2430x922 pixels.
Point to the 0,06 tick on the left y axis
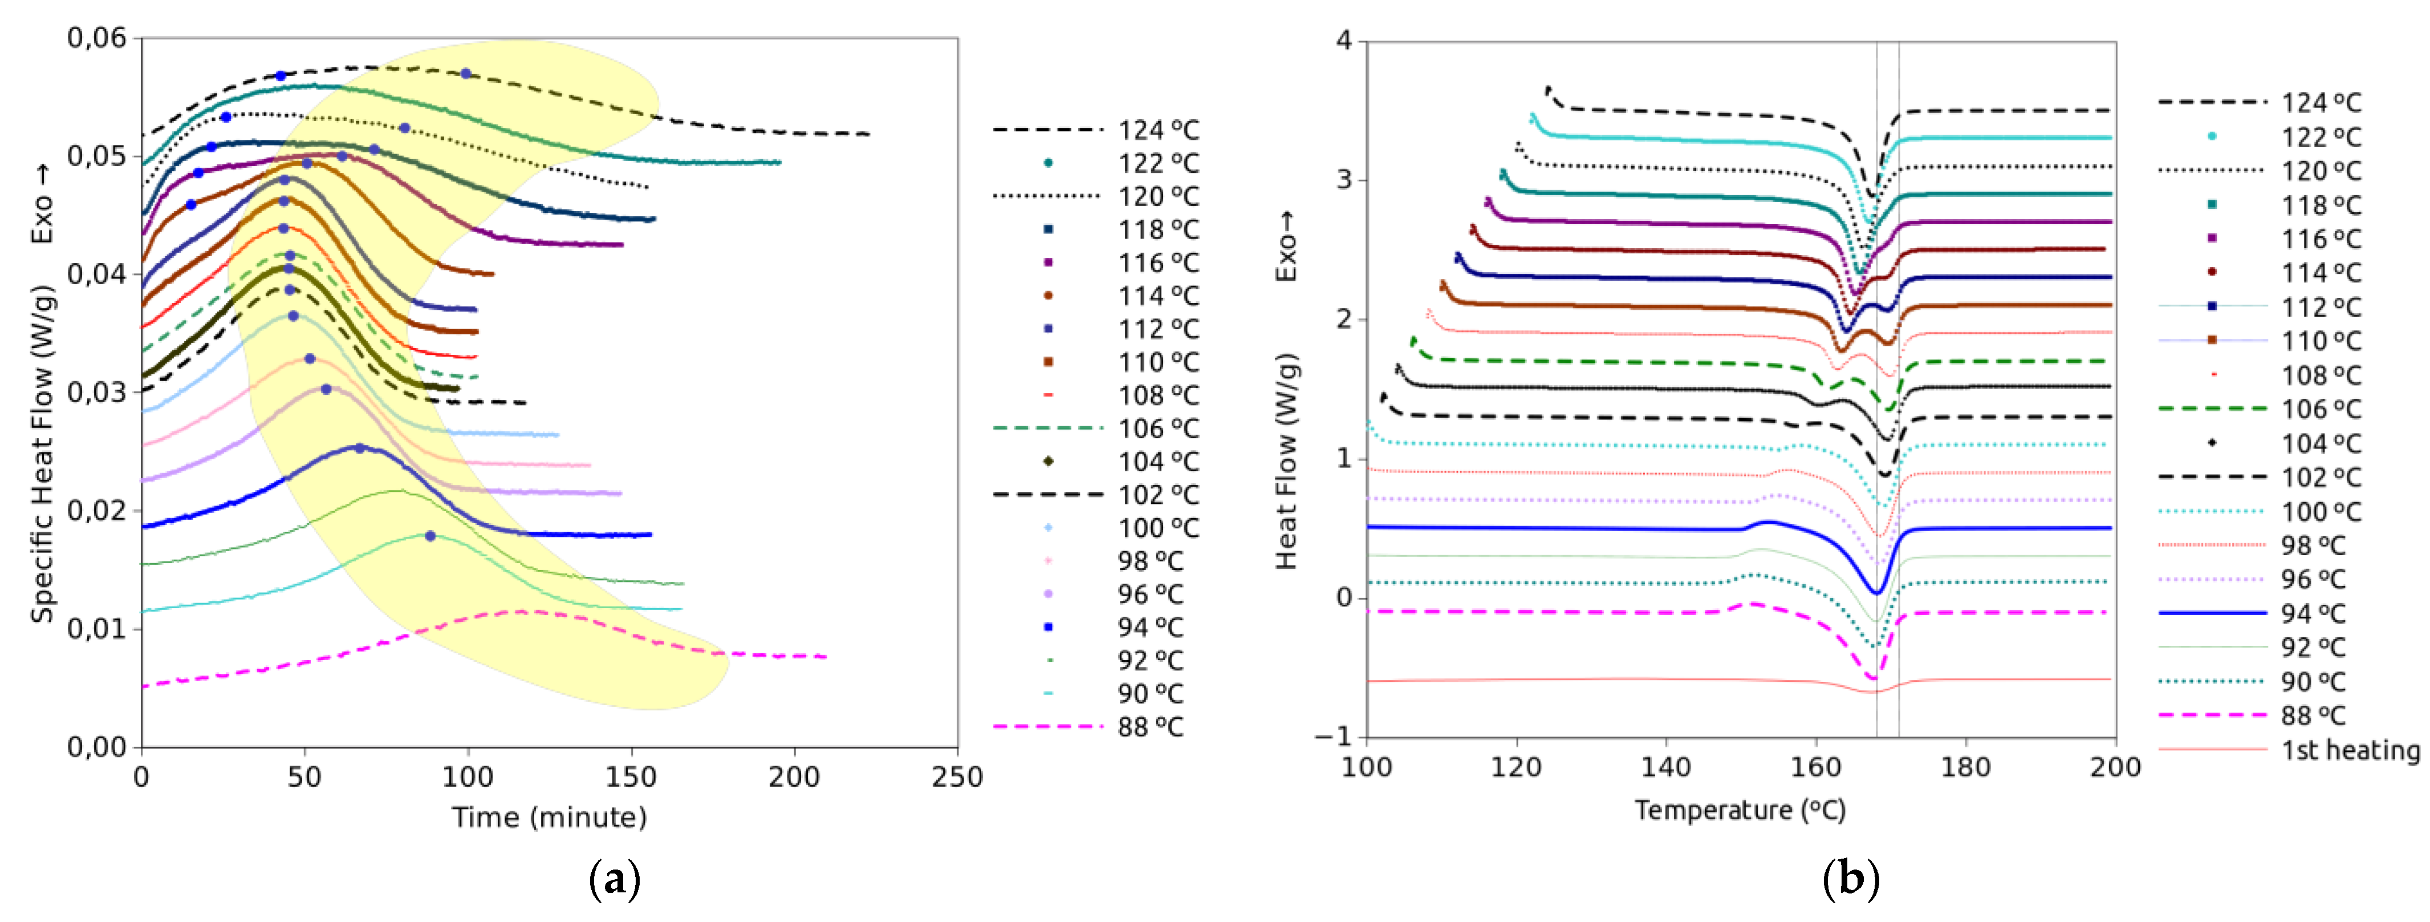click(x=96, y=39)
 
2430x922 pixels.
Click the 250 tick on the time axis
click(x=957, y=777)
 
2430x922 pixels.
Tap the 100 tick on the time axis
click(x=468, y=777)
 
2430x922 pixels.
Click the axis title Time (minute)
click(x=549, y=817)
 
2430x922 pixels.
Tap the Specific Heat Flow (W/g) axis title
click(x=42, y=453)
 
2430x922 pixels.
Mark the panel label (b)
click(x=1851, y=880)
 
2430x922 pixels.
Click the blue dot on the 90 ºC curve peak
click(x=430, y=536)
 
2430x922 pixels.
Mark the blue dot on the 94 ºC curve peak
click(x=359, y=448)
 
